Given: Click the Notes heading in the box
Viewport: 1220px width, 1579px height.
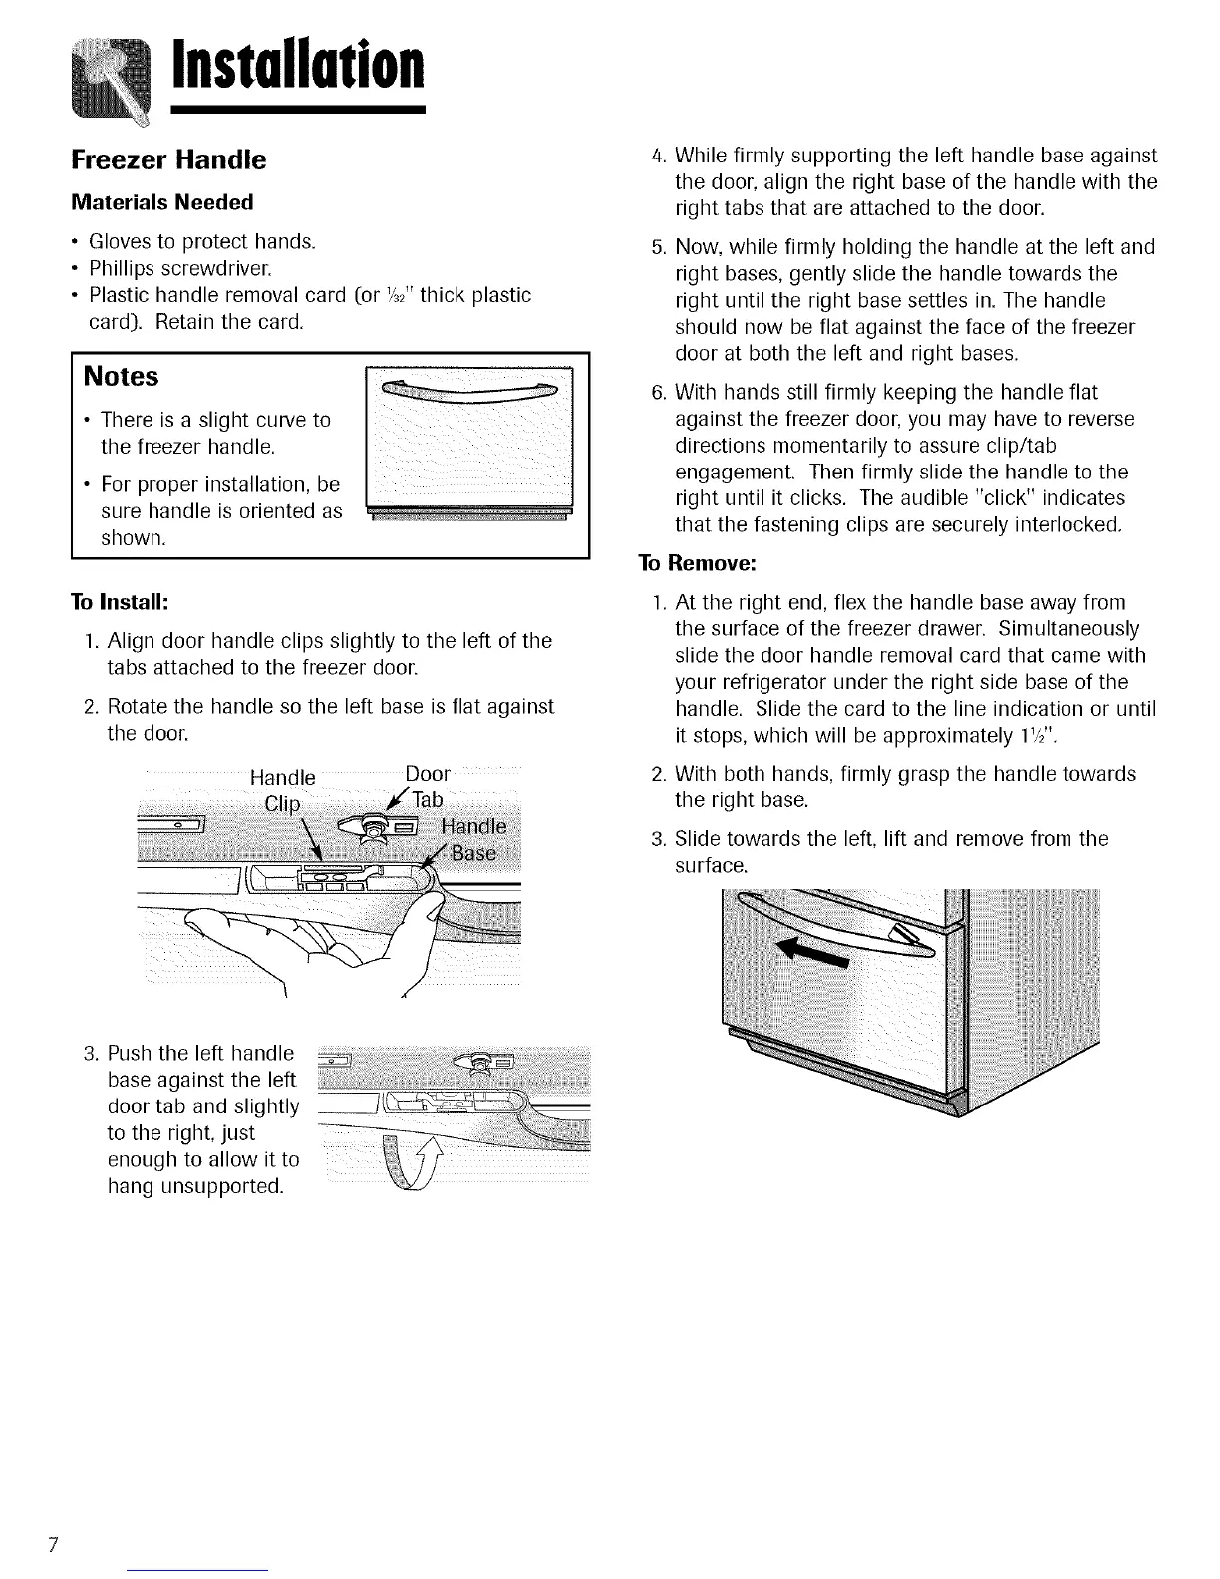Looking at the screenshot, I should (x=122, y=377).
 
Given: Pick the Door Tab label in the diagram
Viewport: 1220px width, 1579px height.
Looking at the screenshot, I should (x=429, y=788).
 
